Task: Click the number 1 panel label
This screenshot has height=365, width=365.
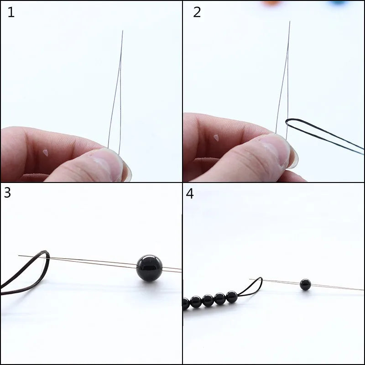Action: (11, 12)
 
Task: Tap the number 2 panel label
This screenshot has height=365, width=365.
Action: (197, 12)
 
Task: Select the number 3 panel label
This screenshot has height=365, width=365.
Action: (7, 193)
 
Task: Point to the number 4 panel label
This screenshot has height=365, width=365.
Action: (190, 193)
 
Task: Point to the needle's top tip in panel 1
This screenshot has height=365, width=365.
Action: (122, 31)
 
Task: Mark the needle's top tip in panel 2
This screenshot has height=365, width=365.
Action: (289, 21)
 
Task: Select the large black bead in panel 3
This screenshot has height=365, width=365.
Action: (150, 268)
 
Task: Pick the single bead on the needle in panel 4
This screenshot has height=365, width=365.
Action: (305, 285)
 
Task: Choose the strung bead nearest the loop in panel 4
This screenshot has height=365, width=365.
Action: (232, 297)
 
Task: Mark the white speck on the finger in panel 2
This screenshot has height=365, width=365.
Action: (217, 137)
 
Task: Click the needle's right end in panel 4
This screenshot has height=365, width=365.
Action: (363, 289)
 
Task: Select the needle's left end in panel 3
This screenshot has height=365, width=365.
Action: (19, 255)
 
